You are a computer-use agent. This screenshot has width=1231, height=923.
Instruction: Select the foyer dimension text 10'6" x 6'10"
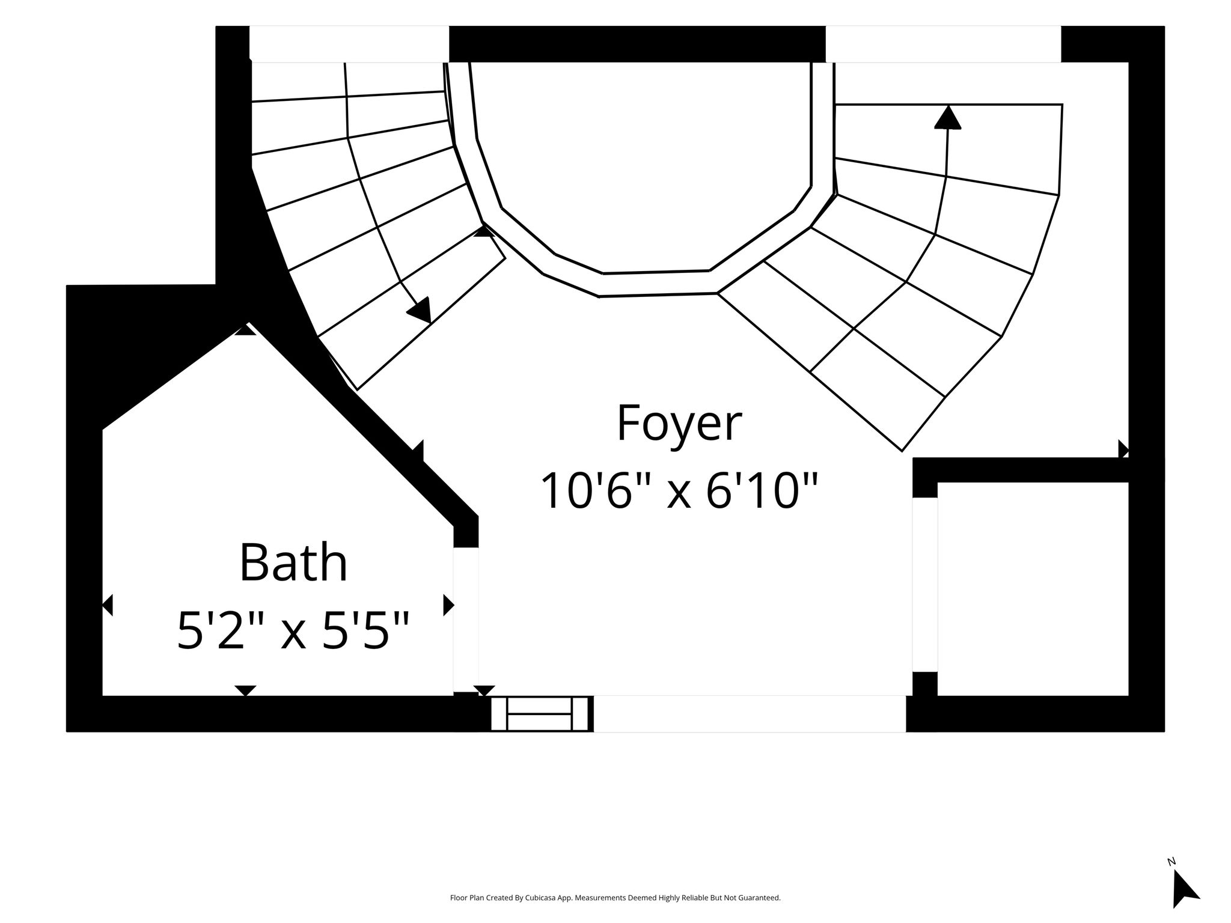point(679,491)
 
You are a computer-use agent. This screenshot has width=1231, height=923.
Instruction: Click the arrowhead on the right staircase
point(948,117)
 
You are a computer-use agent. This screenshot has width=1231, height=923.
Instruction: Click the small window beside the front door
point(539,714)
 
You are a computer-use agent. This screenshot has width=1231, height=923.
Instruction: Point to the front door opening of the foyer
point(750,714)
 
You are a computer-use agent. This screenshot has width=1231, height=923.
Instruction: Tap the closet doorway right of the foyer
point(925,585)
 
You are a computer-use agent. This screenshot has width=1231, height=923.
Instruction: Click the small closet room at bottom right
point(1033,589)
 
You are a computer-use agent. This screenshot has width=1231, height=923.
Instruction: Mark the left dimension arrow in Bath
point(108,605)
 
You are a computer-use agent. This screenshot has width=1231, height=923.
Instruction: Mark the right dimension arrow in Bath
point(448,605)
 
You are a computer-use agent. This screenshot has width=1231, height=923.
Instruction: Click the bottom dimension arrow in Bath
point(245,690)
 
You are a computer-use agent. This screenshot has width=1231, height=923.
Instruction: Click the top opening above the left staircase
point(349,44)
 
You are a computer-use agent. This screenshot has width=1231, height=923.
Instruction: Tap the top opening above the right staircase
point(943,44)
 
